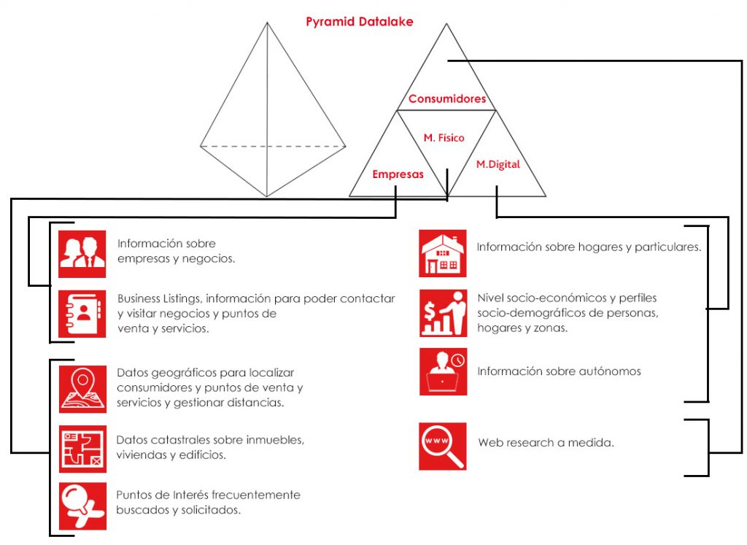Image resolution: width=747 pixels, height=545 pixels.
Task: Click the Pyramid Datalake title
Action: click(359, 22)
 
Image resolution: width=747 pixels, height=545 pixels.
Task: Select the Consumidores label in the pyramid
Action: click(447, 98)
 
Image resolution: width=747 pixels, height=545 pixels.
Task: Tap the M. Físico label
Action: click(444, 138)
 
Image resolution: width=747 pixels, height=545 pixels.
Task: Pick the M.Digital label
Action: click(498, 164)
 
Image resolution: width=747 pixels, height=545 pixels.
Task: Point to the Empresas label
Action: click(398, 174)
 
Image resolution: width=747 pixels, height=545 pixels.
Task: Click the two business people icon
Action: click(82, 255)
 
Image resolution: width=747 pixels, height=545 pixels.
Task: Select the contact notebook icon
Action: click(82, 314)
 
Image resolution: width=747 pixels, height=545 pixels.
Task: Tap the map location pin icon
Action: click(82, 389)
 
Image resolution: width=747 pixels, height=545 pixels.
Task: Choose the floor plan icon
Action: click(82, 449)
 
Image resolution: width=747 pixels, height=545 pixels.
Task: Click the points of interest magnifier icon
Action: click(82, 506)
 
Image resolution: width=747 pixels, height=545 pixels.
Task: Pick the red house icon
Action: click(443, 253)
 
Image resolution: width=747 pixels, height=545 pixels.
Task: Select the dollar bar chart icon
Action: click(443, 314)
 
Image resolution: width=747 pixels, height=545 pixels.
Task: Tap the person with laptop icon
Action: click(443, 371)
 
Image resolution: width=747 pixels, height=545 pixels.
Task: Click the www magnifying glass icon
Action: click(443, 447)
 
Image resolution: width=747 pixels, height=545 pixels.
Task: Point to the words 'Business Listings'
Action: click(160, 299)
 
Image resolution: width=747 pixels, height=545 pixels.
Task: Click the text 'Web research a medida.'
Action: click(546, 443)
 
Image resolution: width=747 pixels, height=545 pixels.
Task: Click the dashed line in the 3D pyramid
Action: click(273, 146)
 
